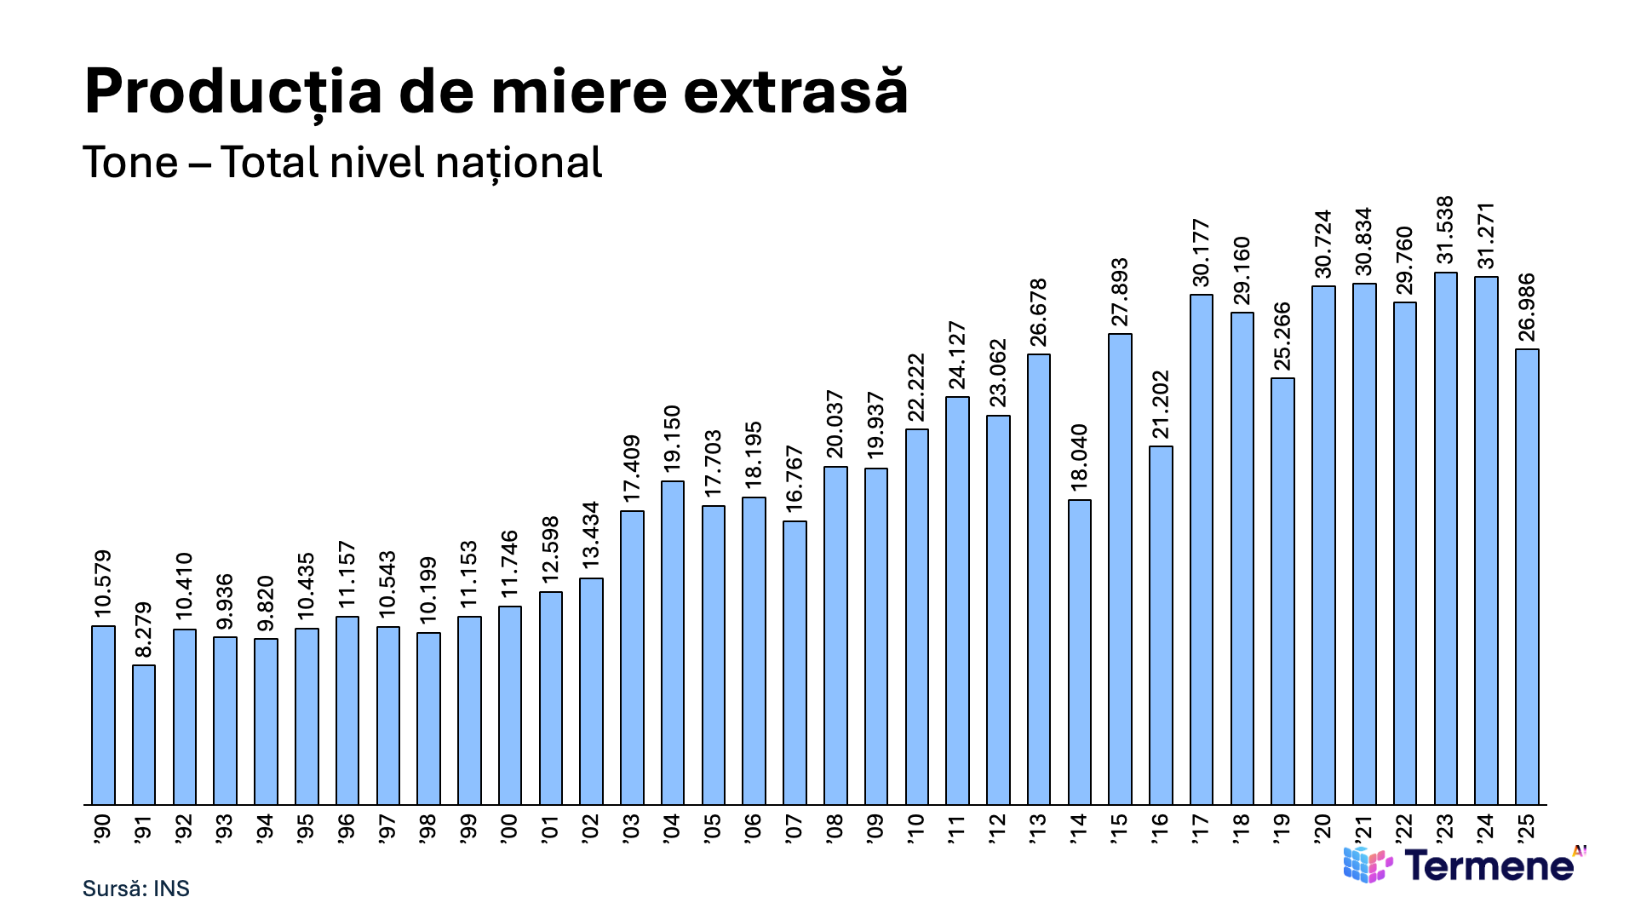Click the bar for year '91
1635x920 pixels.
(144, 734)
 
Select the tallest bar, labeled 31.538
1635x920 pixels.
(1446, 538)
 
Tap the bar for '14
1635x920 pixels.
(1080, 652)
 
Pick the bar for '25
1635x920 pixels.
(1527, 577)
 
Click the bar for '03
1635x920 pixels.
(632, 658)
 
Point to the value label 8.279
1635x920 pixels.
(143, 630)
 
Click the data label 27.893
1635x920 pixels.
(1120, 292)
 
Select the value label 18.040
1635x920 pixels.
(1079, 457)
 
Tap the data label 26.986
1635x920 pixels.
(1527, 308)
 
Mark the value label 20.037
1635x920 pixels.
(835, 424)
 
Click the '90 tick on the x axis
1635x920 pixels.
(103, 829)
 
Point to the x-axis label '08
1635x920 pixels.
(835, 829)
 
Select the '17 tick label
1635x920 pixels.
(1202, 829)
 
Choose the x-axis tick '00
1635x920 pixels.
(510, 829)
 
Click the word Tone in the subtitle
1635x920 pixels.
(131, 163)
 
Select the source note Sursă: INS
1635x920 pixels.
(136, 888)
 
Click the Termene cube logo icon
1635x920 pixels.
(1368, 864)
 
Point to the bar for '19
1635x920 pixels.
(1282, 591)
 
